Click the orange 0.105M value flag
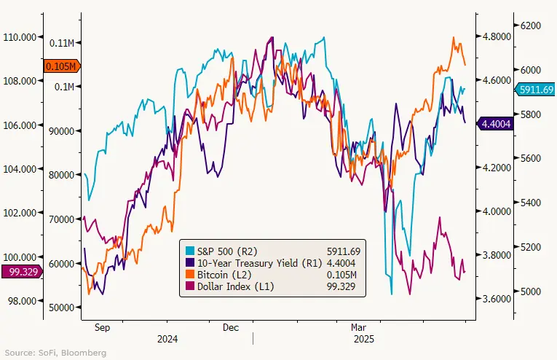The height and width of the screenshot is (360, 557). click(60, 66)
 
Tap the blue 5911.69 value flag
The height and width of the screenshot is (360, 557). click(535, 89)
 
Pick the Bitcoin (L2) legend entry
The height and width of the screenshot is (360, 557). click(219, 273)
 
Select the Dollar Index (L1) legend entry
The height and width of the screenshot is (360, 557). click(226, 286)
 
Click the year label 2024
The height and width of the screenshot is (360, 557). click(167, 340)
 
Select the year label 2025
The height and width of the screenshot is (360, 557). click(363, 340)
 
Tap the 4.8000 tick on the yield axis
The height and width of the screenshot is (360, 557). click(494, 36)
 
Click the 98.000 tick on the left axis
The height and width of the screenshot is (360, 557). click(22, 300)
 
